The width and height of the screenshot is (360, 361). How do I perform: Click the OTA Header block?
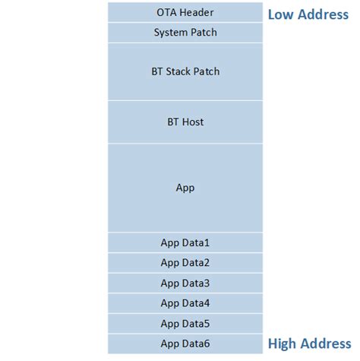tap(185, 12)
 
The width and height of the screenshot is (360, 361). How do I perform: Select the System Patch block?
tap(185, 33)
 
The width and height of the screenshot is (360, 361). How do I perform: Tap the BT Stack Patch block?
tap(185, 71)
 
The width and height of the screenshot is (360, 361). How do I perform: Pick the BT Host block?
tap(185, 122)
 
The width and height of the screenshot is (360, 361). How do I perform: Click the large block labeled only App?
tap(185, 188)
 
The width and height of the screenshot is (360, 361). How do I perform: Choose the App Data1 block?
tap(185, 242)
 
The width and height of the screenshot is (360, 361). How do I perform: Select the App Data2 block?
tap(185, 263)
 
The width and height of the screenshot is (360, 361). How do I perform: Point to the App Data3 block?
tap(185, 283)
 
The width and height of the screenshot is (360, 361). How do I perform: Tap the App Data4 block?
tap(185, 303)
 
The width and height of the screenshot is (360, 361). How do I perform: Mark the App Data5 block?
tap(185, 324)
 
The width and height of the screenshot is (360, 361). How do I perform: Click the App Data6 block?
tap(185, 344)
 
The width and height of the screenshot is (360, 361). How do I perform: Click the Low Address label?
tap(308, 14)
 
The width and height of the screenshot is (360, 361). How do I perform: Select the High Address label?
tap(308, 344)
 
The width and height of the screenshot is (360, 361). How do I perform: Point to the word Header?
tap(197, 12)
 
